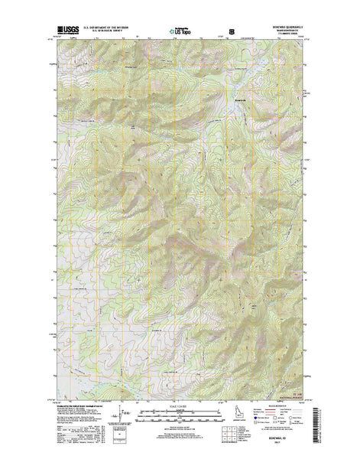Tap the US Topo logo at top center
(181, 33)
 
